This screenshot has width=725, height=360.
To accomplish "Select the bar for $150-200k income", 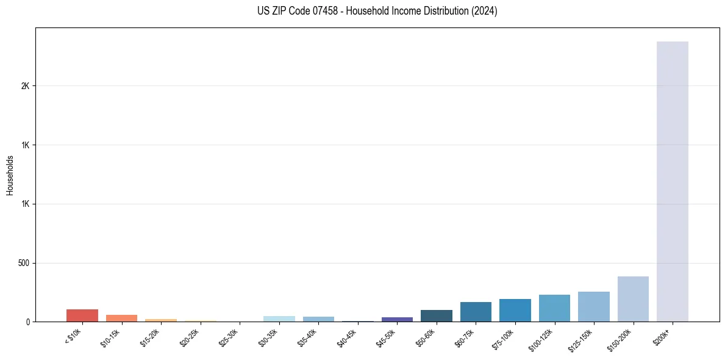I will (633, 299).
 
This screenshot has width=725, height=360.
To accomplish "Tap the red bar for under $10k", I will (82, 315).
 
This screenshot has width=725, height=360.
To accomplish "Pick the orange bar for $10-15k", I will (121, 318).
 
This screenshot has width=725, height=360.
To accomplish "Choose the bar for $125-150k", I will (593, 306).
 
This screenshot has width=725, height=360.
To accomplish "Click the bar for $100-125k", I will (554, 308).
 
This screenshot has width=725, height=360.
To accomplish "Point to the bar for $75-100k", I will (515, 310).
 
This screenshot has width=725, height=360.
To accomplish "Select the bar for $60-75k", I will (476, 312).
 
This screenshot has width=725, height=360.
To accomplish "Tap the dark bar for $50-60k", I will (436, 315).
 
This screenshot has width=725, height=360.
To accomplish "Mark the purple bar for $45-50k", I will (397, 319).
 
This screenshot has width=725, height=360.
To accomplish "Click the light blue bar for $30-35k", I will (279, 319).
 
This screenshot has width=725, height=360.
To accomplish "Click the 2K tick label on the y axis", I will (25, 86).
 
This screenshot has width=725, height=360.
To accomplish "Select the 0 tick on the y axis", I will (27, 322).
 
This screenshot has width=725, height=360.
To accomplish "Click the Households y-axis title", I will (10, 175).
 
